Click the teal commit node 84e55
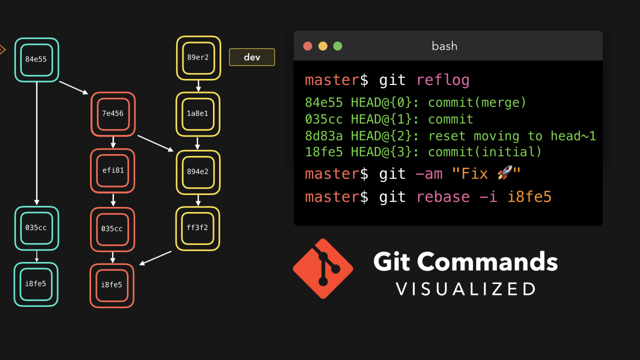36,59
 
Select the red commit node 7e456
113,114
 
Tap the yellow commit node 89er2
198,57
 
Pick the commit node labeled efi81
113,170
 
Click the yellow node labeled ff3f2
197,228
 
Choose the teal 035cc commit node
36,228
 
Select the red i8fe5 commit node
112,285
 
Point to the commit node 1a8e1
197,114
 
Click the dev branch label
252,57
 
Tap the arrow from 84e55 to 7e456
74,87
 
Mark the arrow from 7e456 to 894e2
155,143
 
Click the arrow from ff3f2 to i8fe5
155,258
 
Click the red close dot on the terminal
308,46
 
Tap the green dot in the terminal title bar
337,46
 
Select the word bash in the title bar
444,46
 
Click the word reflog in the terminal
442,80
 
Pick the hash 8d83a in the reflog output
323,136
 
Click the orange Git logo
323,268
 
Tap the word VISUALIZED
466,289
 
